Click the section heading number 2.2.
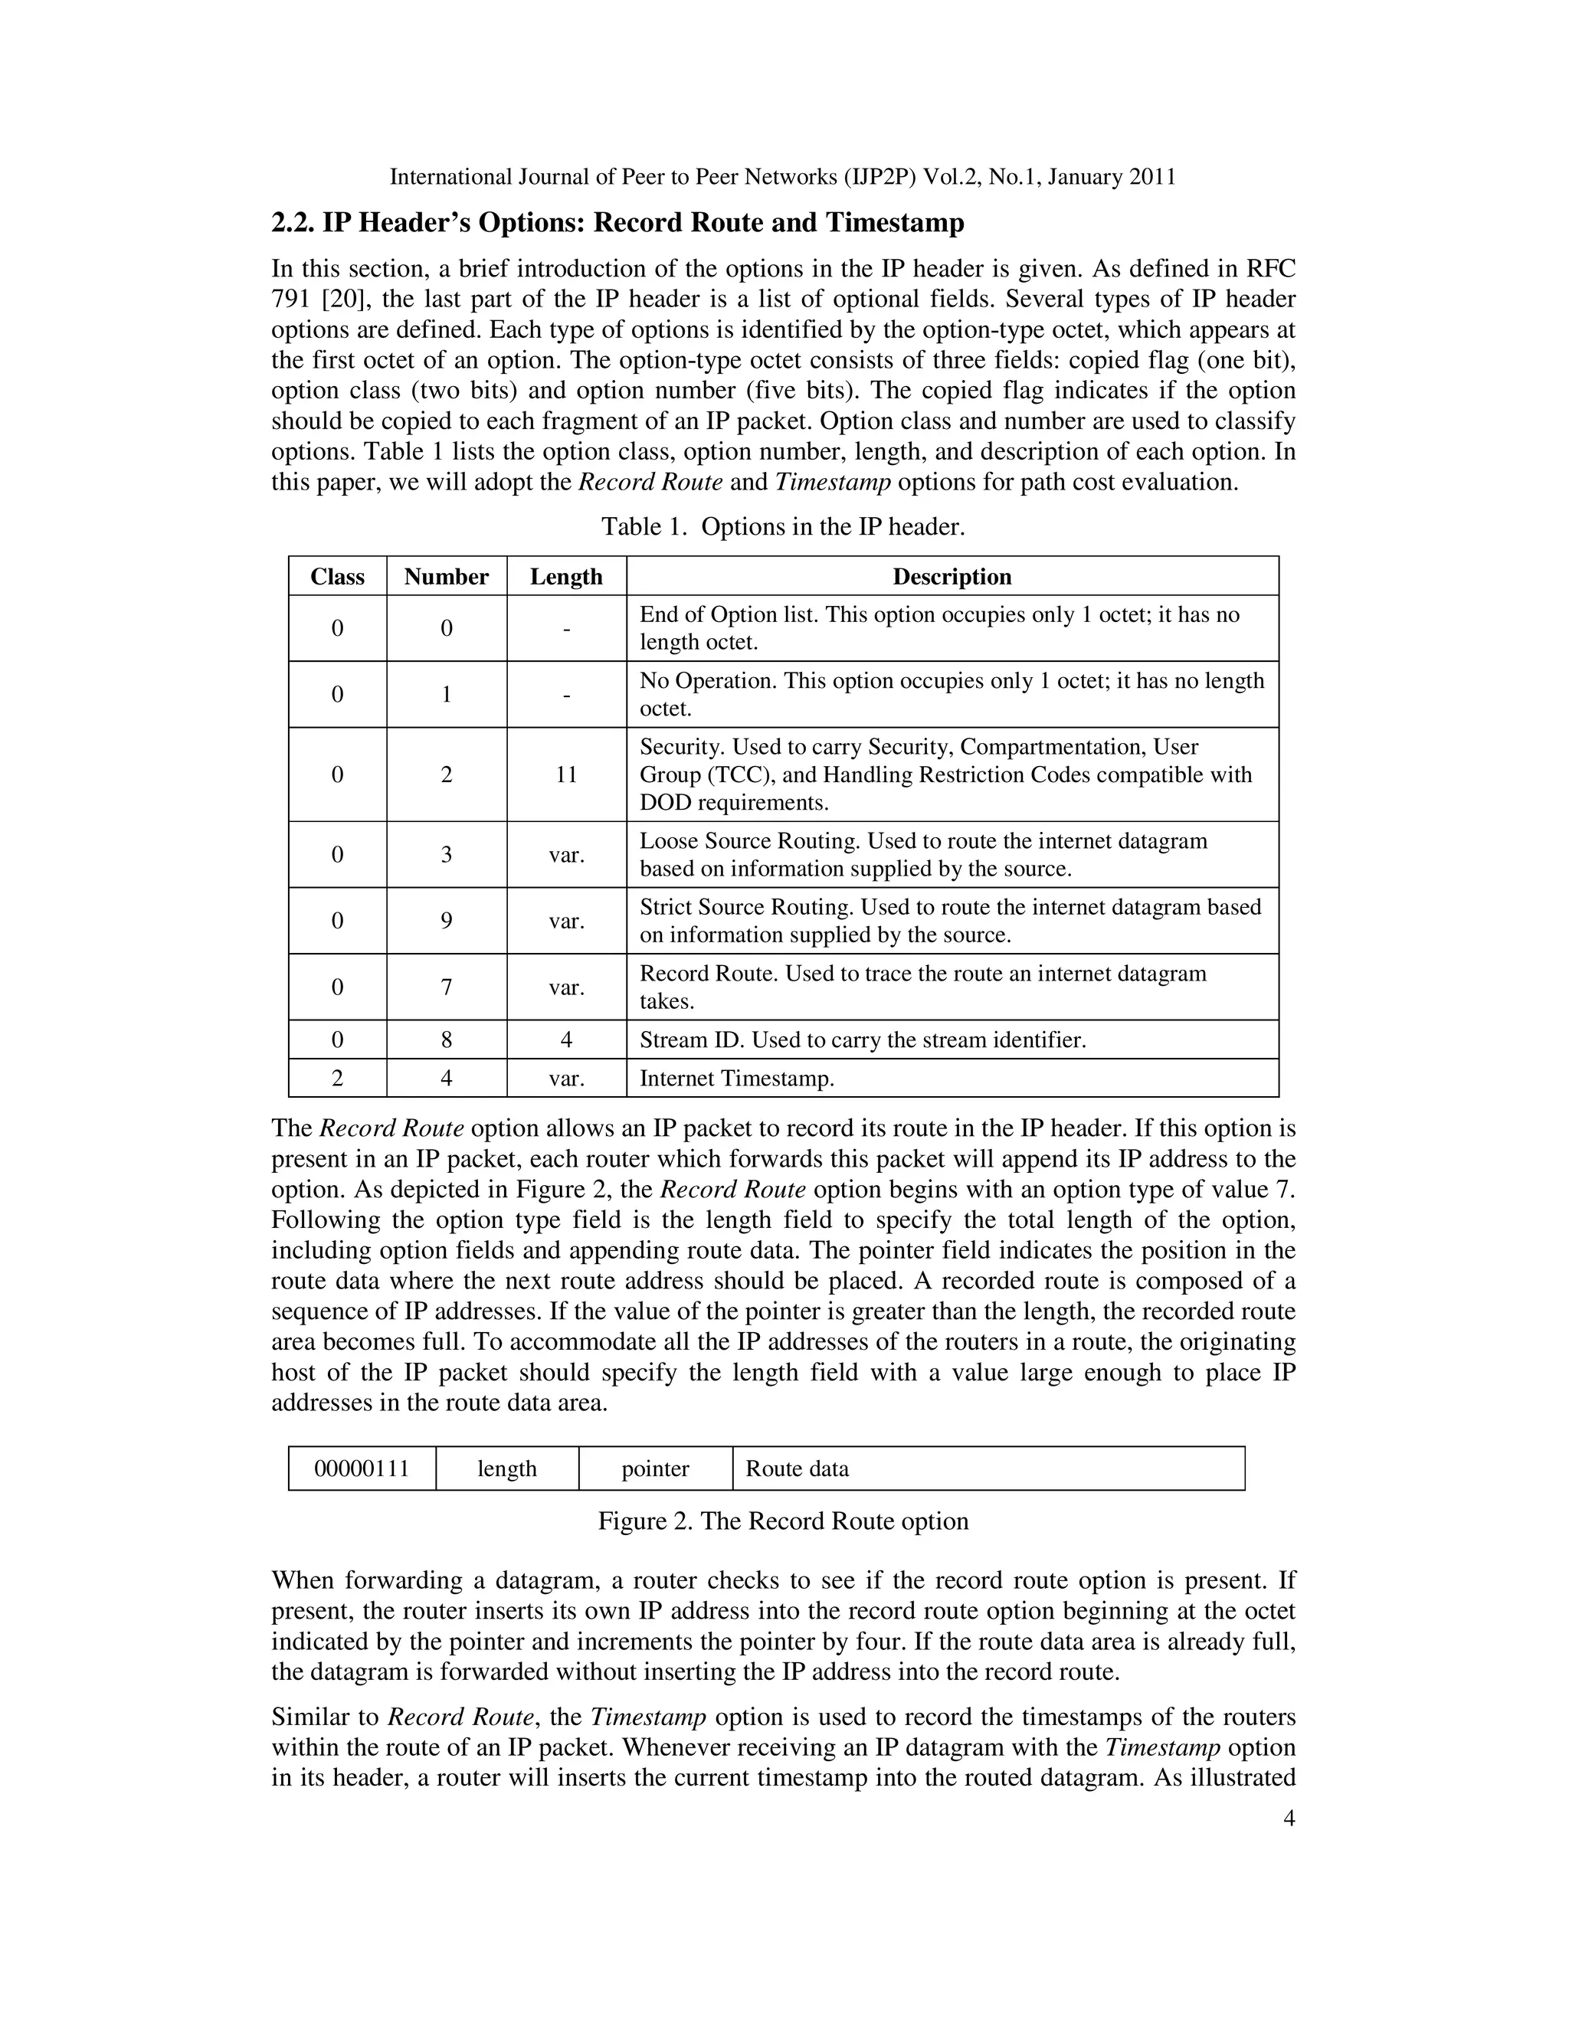coord(293,223)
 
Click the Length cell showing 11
coord(566,774)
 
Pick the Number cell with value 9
coord(446,920)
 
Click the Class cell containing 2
coord(337,1079)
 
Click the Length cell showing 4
coord(566,1040)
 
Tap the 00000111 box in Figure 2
coord(362,1468)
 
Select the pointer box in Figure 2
coord(655,1468)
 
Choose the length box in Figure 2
coord(506,1468)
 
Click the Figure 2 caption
coord(783,1521)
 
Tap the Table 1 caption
coord(783,527)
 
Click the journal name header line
coord(783,177)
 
